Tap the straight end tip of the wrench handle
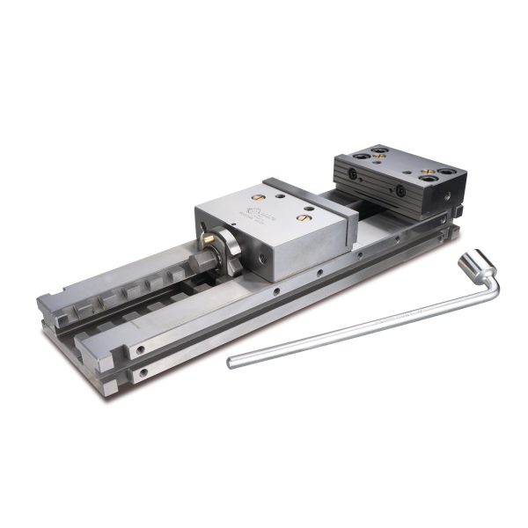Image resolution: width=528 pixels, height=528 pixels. click(231, 362)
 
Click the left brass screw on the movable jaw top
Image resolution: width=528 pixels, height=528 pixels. click(259, 194)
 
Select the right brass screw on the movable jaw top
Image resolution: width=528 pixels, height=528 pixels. click(305, 215)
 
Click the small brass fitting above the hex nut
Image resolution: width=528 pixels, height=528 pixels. click(204, 235)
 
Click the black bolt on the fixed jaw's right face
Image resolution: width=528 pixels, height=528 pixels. click(400, 191)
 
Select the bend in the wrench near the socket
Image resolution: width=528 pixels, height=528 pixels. click(489, 283)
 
